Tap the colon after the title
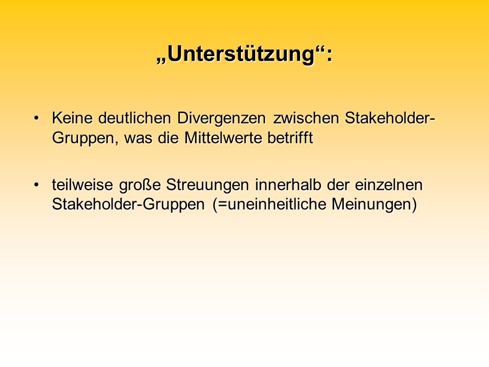(330, 56)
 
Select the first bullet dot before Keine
(37, 118)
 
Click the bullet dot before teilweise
(37, 185)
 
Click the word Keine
(72, 118)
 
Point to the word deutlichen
(134, 118)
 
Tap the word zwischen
(306, 118)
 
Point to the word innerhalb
(288, 185)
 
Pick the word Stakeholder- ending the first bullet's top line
(390, 118)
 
